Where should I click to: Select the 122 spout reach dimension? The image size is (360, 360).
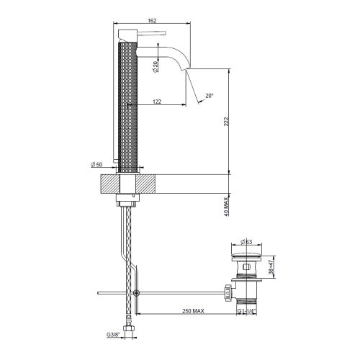click(156, 102)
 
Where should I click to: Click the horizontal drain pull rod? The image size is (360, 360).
click(166, 293)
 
